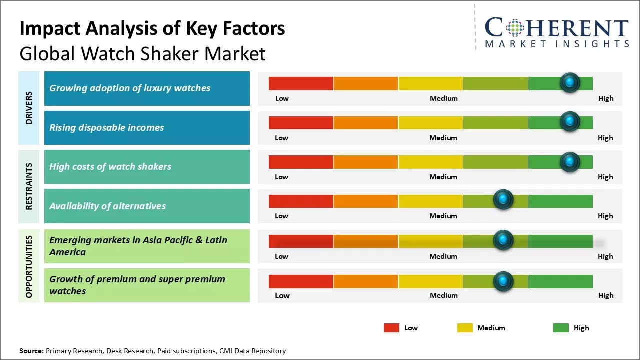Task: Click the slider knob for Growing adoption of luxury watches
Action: (570, 82)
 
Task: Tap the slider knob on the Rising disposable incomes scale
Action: (570, 121)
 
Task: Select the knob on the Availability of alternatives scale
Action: (503, 200)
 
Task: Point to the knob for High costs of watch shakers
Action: (570, 161)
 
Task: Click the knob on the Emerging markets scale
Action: (503, 240)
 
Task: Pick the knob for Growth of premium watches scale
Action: (503, 281)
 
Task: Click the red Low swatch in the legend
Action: (391, 328)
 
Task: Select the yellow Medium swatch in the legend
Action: (465, 328)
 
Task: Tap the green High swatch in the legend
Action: (561, 328)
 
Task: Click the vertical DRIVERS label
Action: (29, 108)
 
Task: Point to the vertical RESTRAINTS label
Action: (29, 186)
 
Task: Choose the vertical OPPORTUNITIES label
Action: (29, 267)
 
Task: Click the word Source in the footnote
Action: (31, 351)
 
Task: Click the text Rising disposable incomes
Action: (106, 128)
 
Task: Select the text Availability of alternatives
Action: (107, 206)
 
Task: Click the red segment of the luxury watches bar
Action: (301, 83)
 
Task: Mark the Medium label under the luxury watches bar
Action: (443, 98)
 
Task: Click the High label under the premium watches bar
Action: (606, 295)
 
